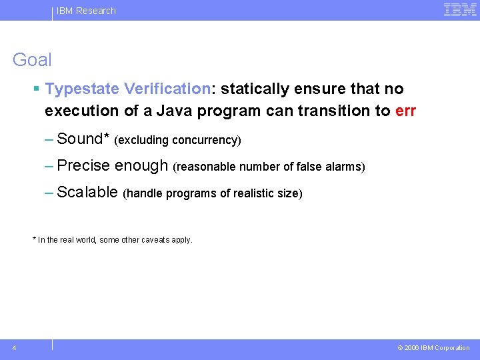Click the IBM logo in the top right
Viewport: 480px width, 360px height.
(x=459, y=10)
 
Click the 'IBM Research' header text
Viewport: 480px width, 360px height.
(x=86, y=11)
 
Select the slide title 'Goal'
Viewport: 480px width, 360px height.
(x=32, y=60)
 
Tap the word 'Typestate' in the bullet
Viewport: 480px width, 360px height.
(x=82, y=89)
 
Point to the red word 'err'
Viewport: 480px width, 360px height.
(x=405, y=111)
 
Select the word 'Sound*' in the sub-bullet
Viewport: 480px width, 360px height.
(x=83, y=139)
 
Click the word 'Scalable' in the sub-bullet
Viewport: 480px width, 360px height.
(x=88, y=193)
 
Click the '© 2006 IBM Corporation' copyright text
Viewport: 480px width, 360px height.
(x=433, y=348)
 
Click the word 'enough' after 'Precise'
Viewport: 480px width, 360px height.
(x=141, y=165)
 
